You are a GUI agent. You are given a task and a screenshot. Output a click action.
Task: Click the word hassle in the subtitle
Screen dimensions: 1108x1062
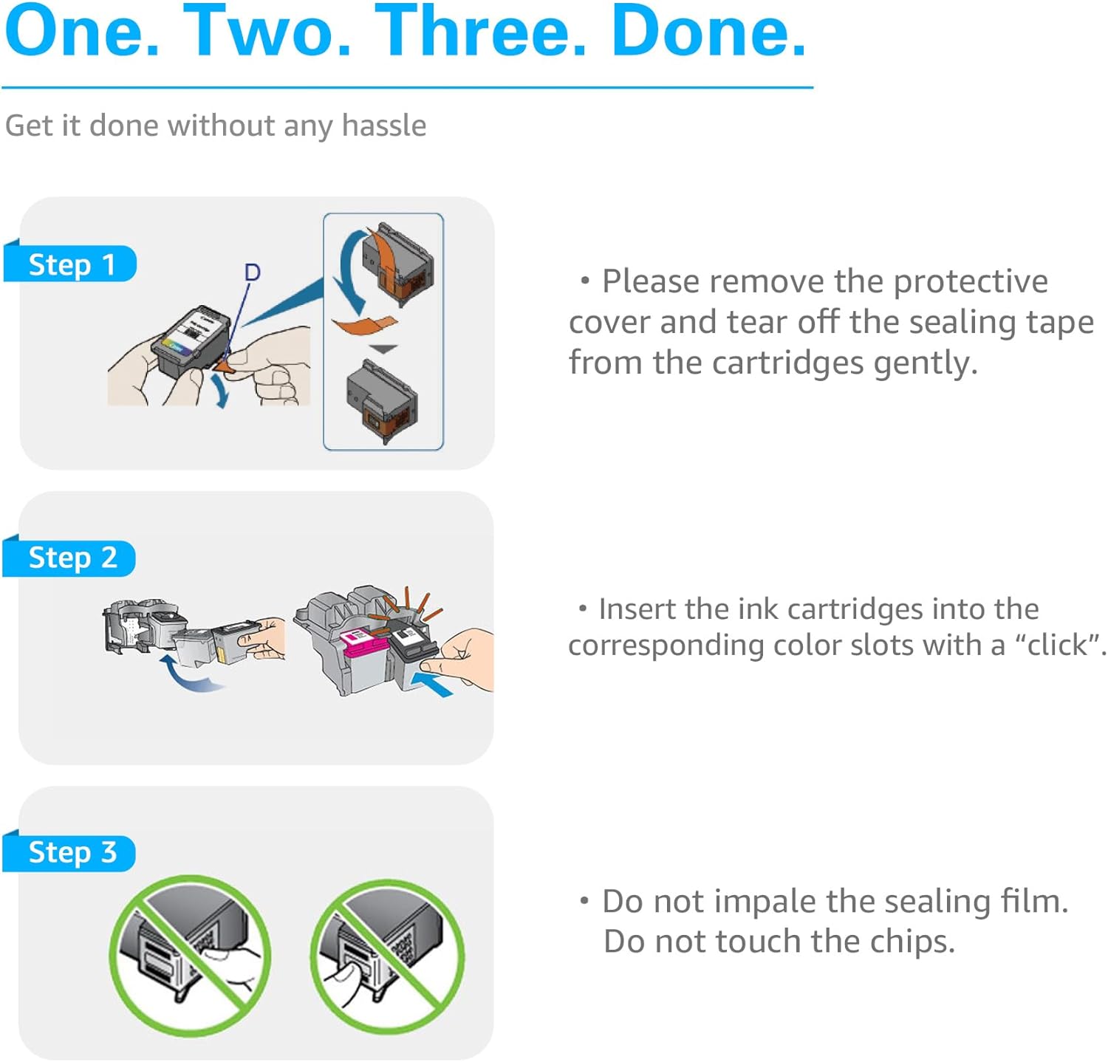pyautogui.click(x=384, y=126)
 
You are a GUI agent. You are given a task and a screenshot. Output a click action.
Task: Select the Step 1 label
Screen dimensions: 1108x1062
pyautogui.click(x=71, y=264)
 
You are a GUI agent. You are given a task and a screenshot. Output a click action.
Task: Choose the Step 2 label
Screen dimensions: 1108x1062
pyautogui.click(x=71, y=558)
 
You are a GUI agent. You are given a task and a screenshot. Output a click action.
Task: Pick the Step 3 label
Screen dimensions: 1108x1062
pyautogui.click(x=71, y=852)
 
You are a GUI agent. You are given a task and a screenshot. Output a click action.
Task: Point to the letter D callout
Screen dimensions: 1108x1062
pyautogui.click(x=253, y=273)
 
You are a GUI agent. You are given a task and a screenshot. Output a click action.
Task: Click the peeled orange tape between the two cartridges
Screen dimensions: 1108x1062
pyautogui.click(x=365, y=324)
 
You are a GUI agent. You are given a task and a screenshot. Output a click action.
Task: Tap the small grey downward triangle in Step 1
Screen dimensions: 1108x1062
pyautogui.click(x=383, y=349)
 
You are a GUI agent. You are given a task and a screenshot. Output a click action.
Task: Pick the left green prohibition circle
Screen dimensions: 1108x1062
pyautogui.click(x=190, y=956)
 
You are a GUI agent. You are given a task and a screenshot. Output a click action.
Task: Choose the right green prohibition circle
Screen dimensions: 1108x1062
pyautogui.click(x=388, y=956)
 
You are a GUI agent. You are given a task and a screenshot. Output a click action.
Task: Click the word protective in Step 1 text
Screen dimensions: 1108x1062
pyautogui.click(x=971, y=282)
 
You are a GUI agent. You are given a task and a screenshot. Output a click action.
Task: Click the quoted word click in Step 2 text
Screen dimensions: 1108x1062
pyautogui.click(x=1057, y=645)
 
